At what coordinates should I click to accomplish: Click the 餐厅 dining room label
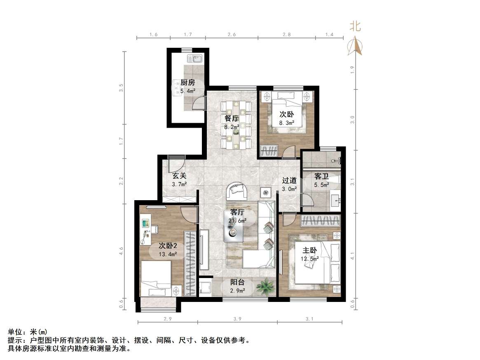click(232, 118)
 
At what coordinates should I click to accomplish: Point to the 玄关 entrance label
click(180, 175)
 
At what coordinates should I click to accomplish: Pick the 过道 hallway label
click(289, 180)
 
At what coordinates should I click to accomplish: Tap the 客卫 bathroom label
click(321, 177)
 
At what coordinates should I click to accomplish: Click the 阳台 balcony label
click(237, 282)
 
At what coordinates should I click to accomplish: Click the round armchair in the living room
click(237, 191)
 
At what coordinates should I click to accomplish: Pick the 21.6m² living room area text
click(238, 221)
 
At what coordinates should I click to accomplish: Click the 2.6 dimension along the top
click(232, 35)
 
